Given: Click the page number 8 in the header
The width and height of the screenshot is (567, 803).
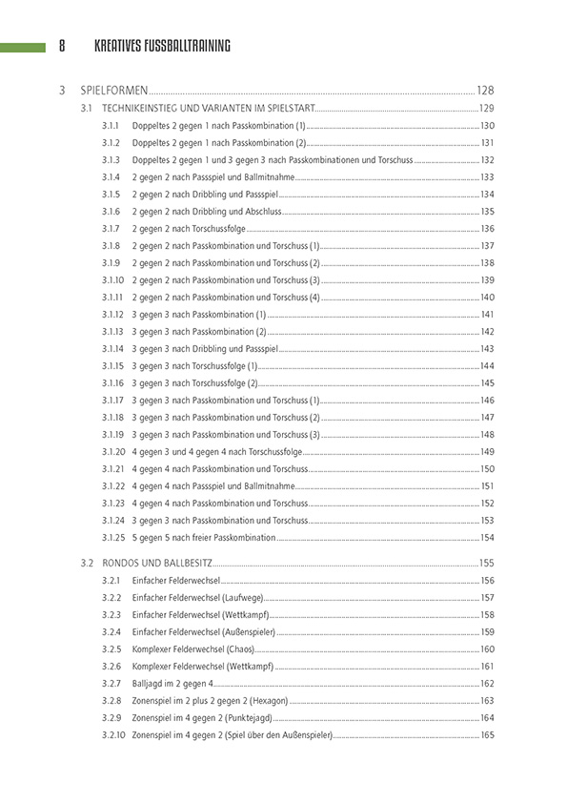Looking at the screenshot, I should (62, 45).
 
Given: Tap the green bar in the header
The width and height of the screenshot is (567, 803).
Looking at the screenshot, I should (23, 46).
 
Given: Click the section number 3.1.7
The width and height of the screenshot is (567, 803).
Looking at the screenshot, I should (111, 228).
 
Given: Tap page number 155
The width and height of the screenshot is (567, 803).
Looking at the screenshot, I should (487, 563).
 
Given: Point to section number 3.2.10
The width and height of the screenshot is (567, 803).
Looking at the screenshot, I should (112, 734).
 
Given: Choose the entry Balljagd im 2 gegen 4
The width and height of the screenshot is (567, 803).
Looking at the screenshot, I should (172, 683).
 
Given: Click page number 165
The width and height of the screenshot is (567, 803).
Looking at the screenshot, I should (488, 734).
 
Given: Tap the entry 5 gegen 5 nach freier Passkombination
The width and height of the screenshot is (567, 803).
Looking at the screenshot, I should (204, 537).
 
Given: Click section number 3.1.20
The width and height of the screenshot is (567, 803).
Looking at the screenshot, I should (112, 451).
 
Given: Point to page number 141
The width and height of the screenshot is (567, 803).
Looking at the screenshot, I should (488, 314).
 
